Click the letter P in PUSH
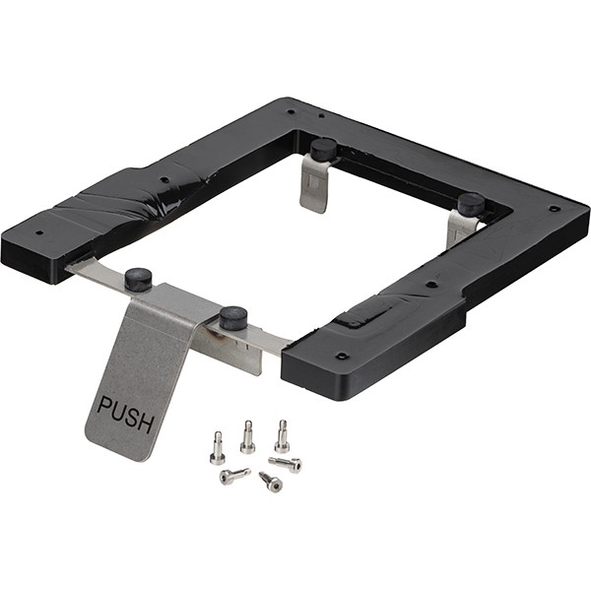point(104,406)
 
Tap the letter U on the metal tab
point(119,412)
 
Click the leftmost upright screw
point(218,448)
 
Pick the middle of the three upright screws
point(247,436)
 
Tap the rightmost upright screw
point(283,436)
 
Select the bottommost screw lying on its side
point(271,482)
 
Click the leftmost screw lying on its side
point(234,476)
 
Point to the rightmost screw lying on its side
point(286,464)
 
